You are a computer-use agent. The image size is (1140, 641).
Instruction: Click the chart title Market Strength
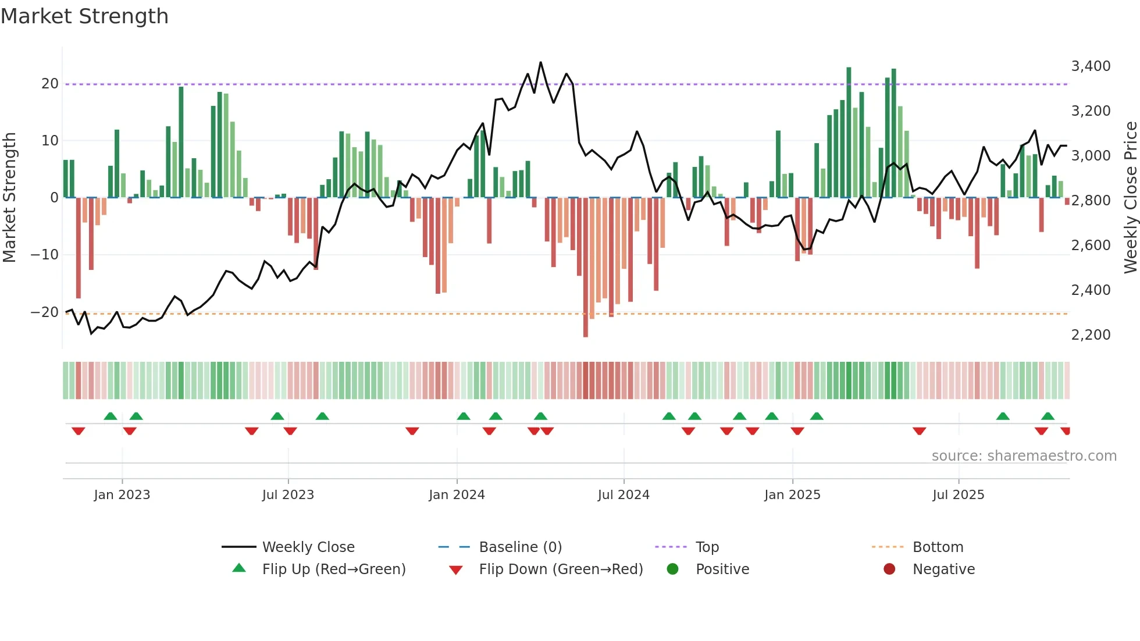click(x=84, y=16)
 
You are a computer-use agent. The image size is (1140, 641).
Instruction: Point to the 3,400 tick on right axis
click(x=1091, y=66)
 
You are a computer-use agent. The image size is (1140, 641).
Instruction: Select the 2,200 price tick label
click(x=1091, y=335)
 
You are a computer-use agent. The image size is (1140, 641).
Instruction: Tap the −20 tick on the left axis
click(x=45, y=312)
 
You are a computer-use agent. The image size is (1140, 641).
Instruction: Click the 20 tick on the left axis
click(x=50, y=84)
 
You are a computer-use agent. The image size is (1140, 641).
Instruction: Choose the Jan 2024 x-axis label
click(x=457, y=495)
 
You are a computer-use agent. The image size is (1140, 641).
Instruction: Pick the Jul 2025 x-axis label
click(x=958, y=495)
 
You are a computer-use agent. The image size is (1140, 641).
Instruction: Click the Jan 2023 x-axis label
click(x=122, y=495)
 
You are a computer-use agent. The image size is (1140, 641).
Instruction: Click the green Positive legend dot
click(x=672, y=569)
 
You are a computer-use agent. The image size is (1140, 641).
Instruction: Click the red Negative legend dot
click(x=889, y=569)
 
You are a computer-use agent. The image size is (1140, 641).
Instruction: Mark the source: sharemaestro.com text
click(x=1024, y=456)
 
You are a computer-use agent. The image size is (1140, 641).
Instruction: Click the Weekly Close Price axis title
click(x=1130, y=198)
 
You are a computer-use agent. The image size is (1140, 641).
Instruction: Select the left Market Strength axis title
click(x=10, y=198)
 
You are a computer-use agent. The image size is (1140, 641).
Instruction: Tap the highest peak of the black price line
click(x=541, y=62)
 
